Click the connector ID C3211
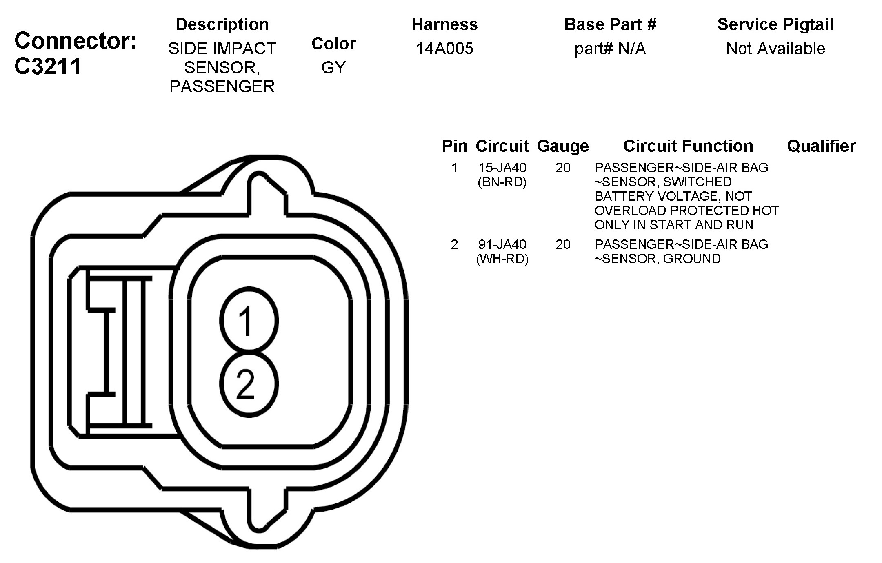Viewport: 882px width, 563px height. click(48, 66)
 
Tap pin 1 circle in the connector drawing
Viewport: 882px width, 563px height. click(249, 320)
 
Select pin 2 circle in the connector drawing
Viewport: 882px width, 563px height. click(249, 384)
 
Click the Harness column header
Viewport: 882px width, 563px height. click(444, 24)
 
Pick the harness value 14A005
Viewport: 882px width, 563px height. click(444, 49)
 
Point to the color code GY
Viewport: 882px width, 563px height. click(333, 68)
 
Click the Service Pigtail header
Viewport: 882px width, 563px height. click(775, 24)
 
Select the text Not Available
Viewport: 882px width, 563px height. click(775, 49)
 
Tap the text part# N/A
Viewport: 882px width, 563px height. click(610, 49)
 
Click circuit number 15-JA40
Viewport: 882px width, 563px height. click(502, 168)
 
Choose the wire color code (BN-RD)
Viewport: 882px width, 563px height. click(502, 182)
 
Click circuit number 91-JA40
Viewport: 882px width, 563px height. click(502, 244)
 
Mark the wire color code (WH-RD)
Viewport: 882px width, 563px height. click(502, 259)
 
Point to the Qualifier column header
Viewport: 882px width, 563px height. click(821, 146)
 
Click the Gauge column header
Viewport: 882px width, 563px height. click(563, 146)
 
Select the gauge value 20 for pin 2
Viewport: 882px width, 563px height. click(563, 244)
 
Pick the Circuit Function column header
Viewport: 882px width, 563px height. click(688, 146)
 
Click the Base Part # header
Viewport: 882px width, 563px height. click(610, 24)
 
